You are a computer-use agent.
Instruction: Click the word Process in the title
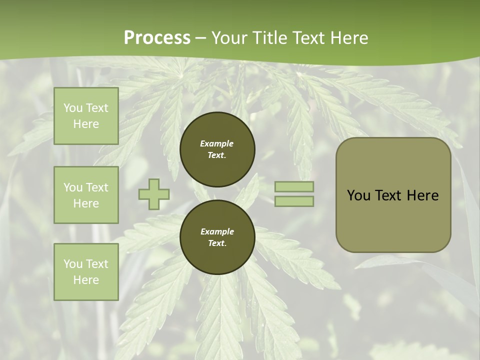click(x=157, y=38)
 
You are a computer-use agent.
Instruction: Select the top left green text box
click(x=86, y=116)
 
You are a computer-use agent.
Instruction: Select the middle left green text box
click(x=86, y=195)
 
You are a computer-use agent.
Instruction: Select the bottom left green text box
click(x=86, y=271)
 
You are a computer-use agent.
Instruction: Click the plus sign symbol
click(x=154, y=194)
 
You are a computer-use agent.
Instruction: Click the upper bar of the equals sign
click(x=294, y=186)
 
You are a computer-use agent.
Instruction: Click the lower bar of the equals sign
click(x=294, y=201)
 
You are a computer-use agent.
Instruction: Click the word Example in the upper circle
click(x=217, y=143)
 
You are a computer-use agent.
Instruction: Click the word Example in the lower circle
click(x=217, y=231)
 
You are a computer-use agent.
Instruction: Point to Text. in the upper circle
click(x=217, y=155)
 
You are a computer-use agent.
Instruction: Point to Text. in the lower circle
click(x=217, y=243)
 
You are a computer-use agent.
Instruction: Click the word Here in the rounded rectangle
click(x=422, y=195)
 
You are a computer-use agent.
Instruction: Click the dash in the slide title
click(x=200, y=38)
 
